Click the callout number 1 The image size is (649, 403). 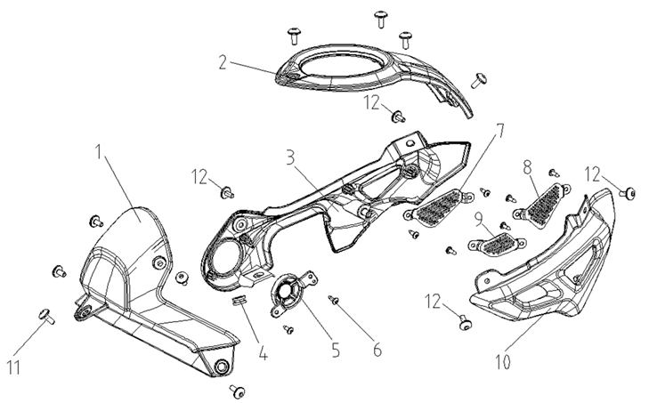pos(101,154)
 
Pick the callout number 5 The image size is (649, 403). pos(335,349)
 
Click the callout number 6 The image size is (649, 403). pos(377,349)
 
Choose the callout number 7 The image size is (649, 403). pos(500,130)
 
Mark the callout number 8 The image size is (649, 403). pos(527,166)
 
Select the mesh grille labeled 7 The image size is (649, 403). pos(435,210)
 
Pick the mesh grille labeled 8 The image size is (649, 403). pos(546,204)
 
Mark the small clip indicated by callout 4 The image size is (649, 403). pos(239,302)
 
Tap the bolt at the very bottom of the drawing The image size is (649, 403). pos(238,391)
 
